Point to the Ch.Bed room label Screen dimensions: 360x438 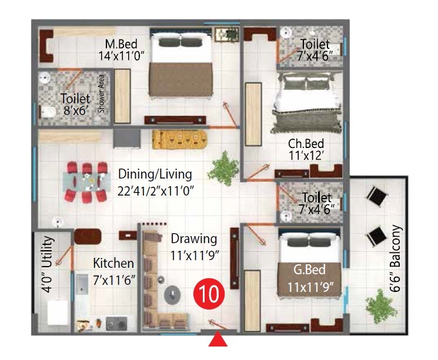coord(306,144)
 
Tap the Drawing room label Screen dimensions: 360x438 coord(194,239)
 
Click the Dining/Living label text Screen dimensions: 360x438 coord(155,174)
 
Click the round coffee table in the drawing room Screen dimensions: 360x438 coord(173,294)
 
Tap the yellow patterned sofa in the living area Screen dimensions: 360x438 coord(180,140)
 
